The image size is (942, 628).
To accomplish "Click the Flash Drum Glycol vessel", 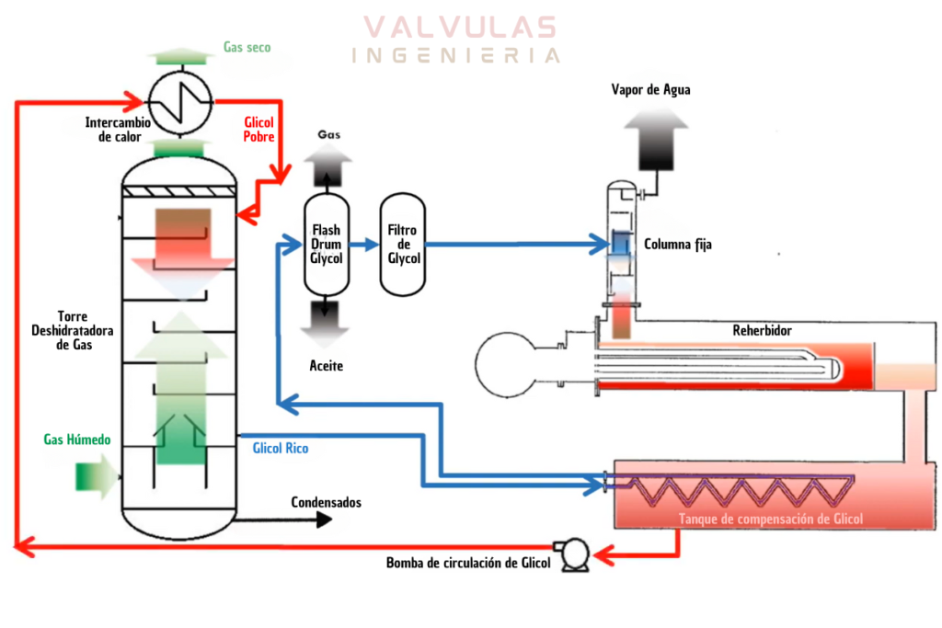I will coord(327,245).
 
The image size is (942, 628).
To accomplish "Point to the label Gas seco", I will coord(247,47).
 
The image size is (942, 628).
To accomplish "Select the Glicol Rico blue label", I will coord(281,449).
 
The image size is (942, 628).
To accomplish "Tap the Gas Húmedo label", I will coord(77,440).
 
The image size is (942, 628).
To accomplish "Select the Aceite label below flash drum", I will coord(327,366).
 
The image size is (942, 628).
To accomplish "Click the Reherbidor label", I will coord(762,330).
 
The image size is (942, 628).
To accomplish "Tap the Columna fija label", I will coord(677,245).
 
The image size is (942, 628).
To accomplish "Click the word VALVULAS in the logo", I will coord(458,27).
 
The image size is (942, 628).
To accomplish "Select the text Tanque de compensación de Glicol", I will coord(771,520).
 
